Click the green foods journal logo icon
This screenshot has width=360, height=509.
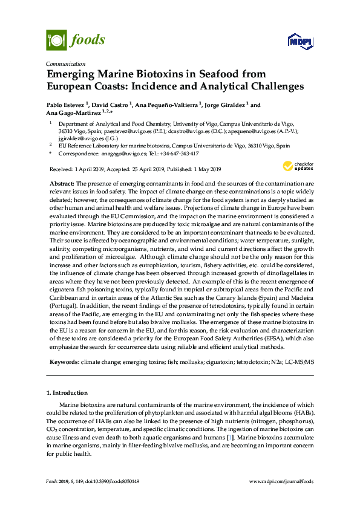click(x=56, y=40)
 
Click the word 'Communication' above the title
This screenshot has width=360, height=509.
click(x=65, y=63)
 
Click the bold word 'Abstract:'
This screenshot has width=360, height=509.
click(x=61, y=183)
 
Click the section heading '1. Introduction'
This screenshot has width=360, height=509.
click(x=67, y=393)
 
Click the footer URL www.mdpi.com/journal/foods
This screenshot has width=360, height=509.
click(x=281, y=481)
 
